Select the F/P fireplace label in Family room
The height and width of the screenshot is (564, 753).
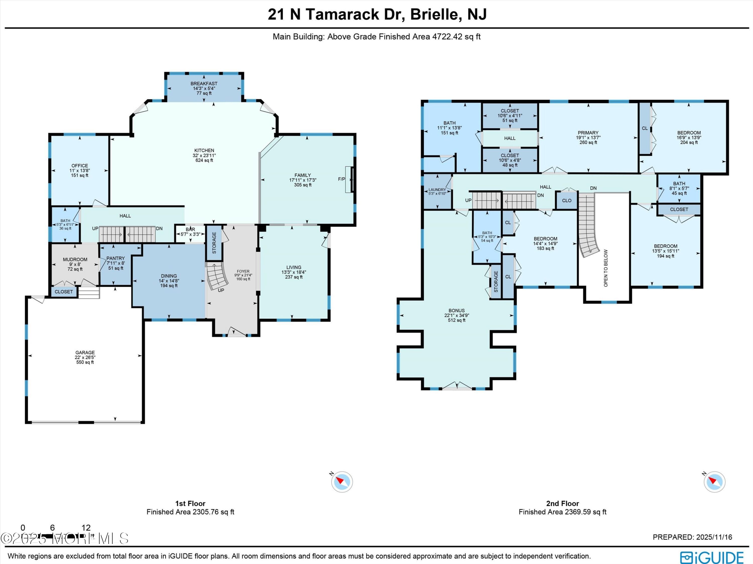tap(341, 179)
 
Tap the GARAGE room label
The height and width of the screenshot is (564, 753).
tap(85, 353)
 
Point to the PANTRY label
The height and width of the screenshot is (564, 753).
tap(115, 258)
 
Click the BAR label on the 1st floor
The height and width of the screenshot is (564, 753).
tap(190, 229)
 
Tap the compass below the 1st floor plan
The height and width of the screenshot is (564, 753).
tap(342, 482)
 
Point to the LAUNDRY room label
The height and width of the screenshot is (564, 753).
tap(437, 190)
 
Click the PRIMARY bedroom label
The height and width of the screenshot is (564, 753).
tap(588, 133)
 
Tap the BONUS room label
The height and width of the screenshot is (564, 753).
tap(457, 311)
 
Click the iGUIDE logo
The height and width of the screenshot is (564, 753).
tap(712, 557)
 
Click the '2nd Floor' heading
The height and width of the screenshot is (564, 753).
tap(562, 503)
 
